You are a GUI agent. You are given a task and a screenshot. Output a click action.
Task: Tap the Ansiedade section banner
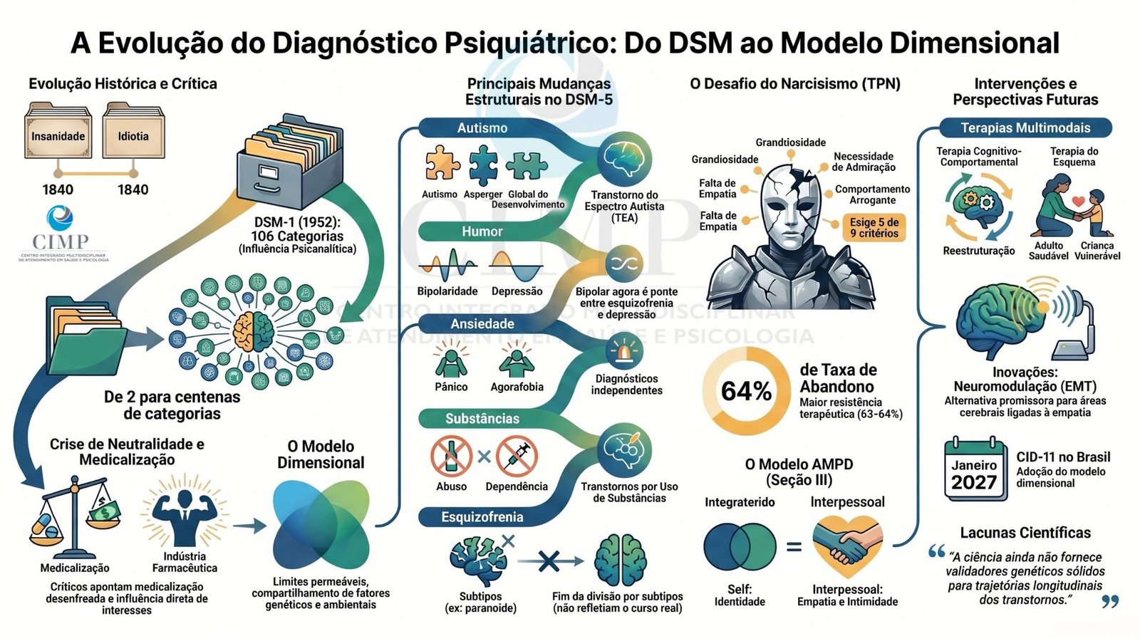pos(482,324)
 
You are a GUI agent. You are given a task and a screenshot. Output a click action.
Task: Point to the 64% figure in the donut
pos(746,391)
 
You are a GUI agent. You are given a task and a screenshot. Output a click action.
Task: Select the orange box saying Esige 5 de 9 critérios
pos(874,228)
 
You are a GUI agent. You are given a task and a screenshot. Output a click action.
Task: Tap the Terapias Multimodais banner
pos(1025,127)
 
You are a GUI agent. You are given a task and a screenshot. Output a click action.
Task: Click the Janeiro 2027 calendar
pos(975,469)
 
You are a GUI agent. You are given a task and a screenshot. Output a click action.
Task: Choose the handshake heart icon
pos(847,547)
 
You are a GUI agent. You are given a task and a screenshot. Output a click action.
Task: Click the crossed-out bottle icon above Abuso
pos(451,456)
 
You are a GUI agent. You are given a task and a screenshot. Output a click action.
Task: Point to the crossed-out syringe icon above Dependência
pos(517,456)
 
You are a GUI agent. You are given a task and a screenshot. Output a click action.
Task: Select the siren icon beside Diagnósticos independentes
pos(624,350)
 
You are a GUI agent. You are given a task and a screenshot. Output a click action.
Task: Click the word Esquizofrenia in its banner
pos(482,517)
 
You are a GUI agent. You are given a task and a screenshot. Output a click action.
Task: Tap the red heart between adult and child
pos(1078,202)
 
